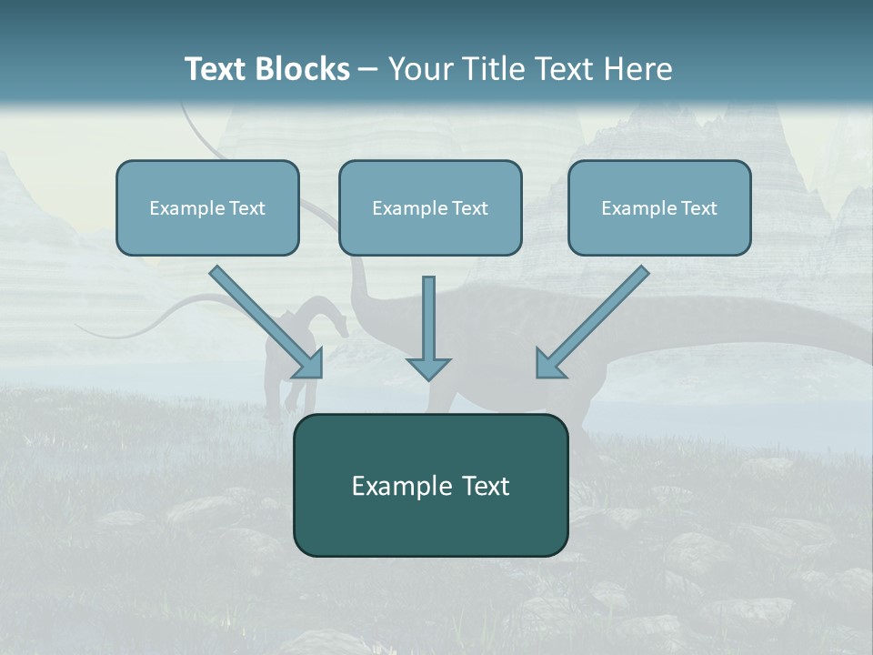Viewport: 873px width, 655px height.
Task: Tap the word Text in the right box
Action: coord(698,208)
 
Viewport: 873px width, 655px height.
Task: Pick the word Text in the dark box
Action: coord(487,487)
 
